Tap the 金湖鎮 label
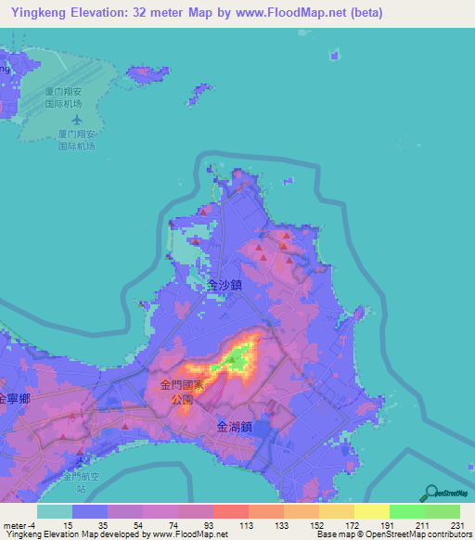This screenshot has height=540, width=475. tap(234, 428)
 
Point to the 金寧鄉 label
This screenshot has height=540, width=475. tap(15, 398)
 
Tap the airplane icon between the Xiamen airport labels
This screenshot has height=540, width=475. tap(76, 121)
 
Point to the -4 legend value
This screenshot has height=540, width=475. tap(32, 524)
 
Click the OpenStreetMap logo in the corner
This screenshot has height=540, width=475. tap(447, 495)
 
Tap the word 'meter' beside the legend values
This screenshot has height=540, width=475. tap(14, 524)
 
